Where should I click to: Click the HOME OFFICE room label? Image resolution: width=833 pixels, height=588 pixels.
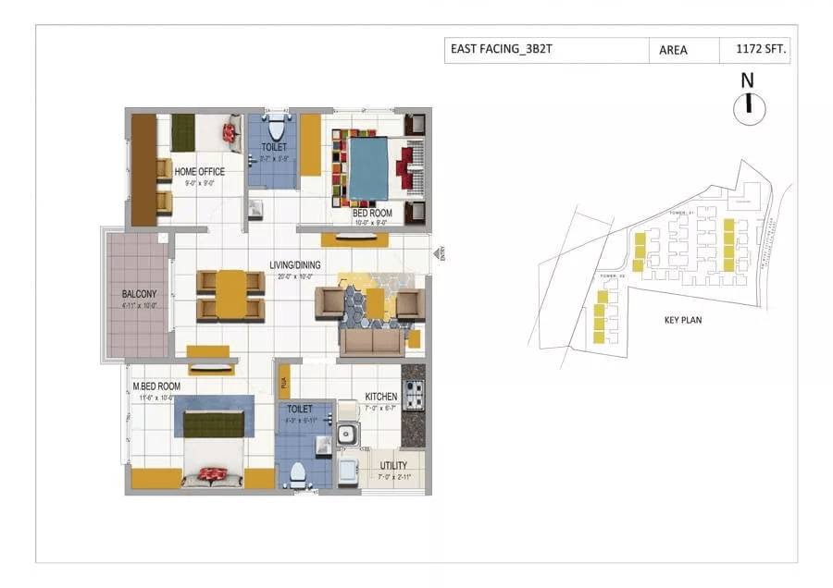point(200,171)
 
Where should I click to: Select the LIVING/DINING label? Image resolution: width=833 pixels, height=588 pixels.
point(294,265)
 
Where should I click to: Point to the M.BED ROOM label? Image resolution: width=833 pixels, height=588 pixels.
point(155,386)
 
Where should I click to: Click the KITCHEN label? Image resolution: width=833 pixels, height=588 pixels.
point(380,397)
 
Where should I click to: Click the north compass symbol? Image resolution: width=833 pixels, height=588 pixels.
point(748,108)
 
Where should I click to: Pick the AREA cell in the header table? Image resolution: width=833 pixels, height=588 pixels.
point(673,50)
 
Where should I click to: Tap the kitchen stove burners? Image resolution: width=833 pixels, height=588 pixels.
point(413,395)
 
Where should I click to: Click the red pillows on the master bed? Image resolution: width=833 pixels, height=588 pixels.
point(213,474)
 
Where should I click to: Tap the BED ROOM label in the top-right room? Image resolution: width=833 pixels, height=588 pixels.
point(372,213)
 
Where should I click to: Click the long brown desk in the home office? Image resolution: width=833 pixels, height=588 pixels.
point(143,169)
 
